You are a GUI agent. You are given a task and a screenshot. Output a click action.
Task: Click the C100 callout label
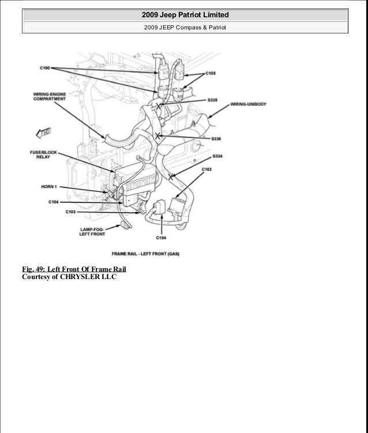[x=44, y=68]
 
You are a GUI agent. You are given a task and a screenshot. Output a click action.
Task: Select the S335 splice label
[x=212, y=99]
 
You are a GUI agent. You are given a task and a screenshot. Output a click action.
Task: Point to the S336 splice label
[x=216, y=139]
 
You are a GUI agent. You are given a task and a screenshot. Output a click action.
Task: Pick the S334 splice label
[x=217, y=156]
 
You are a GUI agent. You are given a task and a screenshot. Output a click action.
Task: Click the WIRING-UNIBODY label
[x=247, y=104]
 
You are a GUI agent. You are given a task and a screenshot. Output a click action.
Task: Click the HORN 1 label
[x=49, y=186]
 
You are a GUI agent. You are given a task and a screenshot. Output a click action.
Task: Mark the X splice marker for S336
[x=157, y=136]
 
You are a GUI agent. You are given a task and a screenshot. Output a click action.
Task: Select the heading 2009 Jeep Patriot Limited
[x=184, y=14]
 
